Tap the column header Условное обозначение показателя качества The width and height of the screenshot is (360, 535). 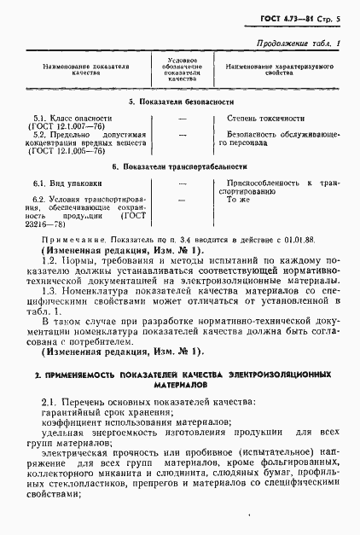click(182, 68)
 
